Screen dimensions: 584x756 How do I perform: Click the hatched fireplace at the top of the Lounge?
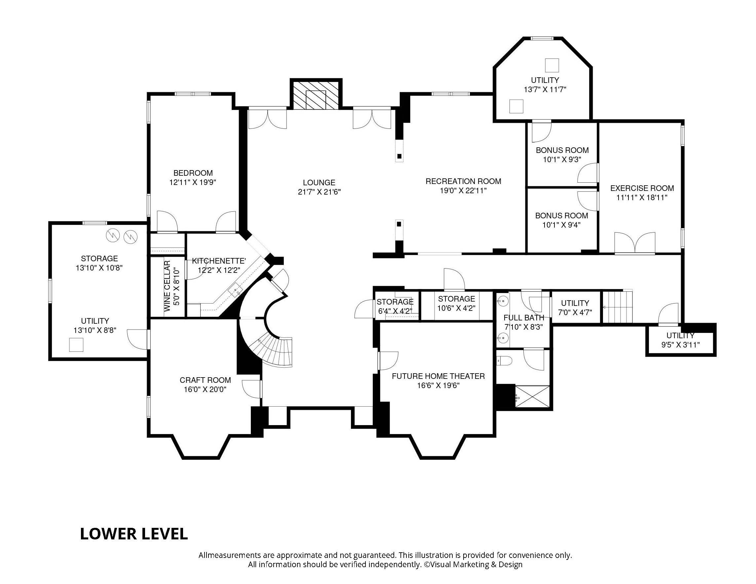click(316, 95)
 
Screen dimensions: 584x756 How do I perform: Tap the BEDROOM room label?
click(193, 173)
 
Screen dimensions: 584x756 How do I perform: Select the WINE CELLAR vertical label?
click(168, 286)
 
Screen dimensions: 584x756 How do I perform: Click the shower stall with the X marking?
click(532, 396)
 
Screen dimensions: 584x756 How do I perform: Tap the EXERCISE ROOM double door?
click(634, 243)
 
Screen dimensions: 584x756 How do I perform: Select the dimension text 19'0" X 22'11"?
click(463, 191)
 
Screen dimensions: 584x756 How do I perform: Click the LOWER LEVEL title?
click(133, 534)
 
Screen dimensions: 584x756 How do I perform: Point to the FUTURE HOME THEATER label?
click(438, 376)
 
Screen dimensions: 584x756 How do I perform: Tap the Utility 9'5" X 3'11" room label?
click(680, 336)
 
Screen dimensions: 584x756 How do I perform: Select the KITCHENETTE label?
click(219, 261)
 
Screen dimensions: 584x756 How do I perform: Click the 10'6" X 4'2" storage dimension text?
click(456, 308)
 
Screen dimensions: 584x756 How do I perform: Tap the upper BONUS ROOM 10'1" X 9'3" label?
click(562, 150)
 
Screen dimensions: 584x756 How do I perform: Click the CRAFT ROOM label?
click(205, 380)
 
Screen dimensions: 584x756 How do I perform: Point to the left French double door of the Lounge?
click(267, 119)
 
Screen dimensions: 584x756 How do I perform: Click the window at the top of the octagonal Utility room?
click(542, 38)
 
